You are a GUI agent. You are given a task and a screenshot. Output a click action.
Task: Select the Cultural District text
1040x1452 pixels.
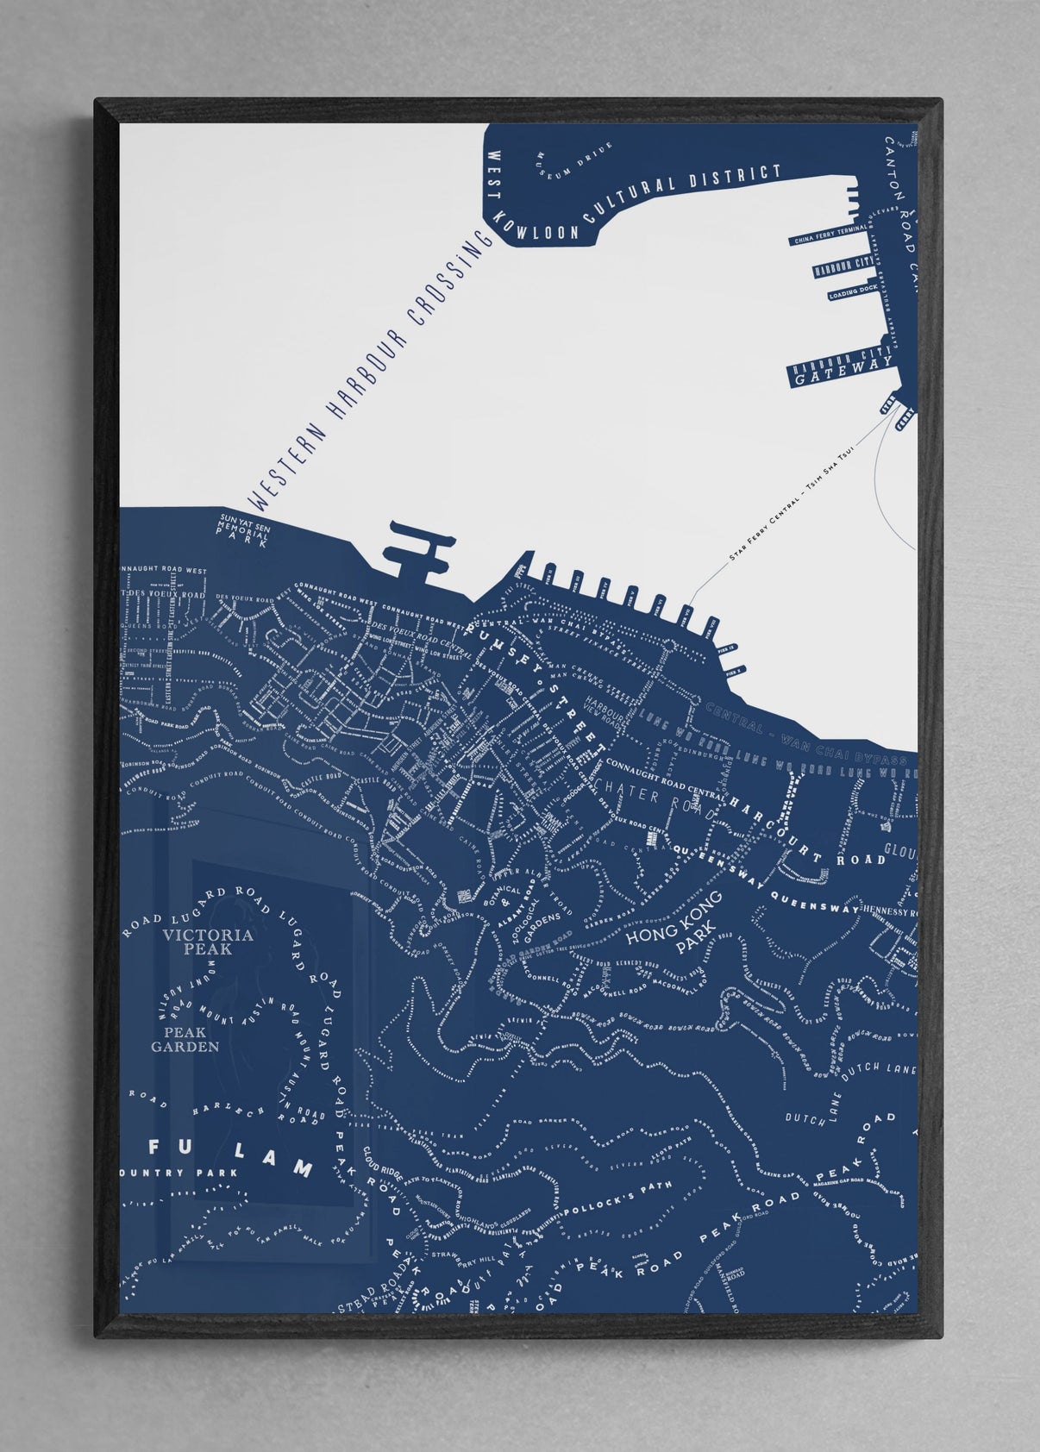click(681, 197)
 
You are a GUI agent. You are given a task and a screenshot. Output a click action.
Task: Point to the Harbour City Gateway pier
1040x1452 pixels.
click(840, 370)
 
